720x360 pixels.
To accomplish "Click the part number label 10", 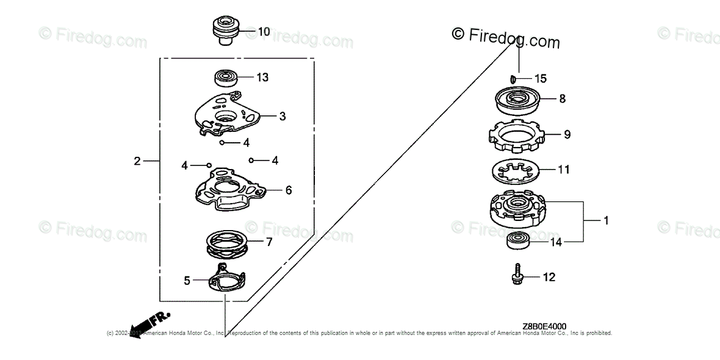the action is (264, 31).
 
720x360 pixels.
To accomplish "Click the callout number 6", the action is (288, 190).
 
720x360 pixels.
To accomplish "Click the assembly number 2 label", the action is (137, 161).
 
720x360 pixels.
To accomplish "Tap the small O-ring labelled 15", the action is (514, 78).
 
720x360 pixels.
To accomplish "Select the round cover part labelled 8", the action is (517, 101).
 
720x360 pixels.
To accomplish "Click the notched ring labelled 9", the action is (517, 137).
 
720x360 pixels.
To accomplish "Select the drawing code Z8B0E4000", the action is (544, 327).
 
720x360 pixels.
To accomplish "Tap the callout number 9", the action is (567, 134).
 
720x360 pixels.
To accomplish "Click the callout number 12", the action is (549, 278).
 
